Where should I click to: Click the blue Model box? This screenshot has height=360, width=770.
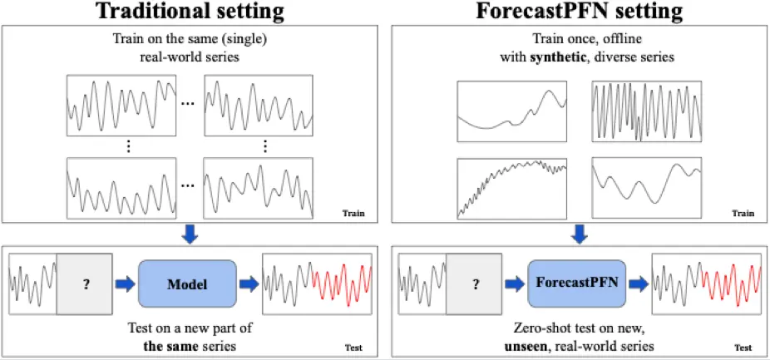click(187, 284)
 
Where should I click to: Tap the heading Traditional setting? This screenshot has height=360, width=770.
click(190, 12)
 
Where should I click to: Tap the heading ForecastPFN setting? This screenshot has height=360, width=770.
click(580, 12)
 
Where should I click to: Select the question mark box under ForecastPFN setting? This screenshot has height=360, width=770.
click(476, 284)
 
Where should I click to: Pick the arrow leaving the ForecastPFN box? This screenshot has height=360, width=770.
click(639, 284)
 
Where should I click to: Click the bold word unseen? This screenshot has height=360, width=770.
click(527, 346)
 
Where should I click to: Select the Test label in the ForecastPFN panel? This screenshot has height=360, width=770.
click(743, 348)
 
